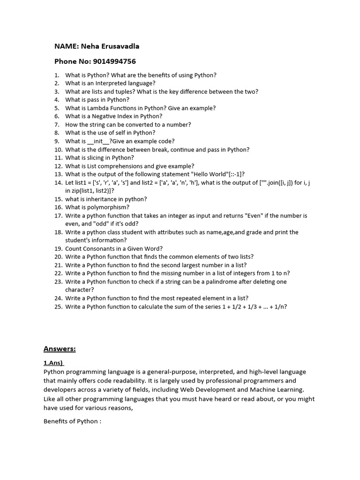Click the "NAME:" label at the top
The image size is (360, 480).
pos(66,46)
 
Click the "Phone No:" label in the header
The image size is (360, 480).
pos(72,61)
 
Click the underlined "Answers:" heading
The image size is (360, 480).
pos(60,348)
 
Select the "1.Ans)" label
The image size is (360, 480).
pos(53,363)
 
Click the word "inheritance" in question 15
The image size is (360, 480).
pos(103,199)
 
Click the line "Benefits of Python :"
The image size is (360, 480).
pos(72,421)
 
